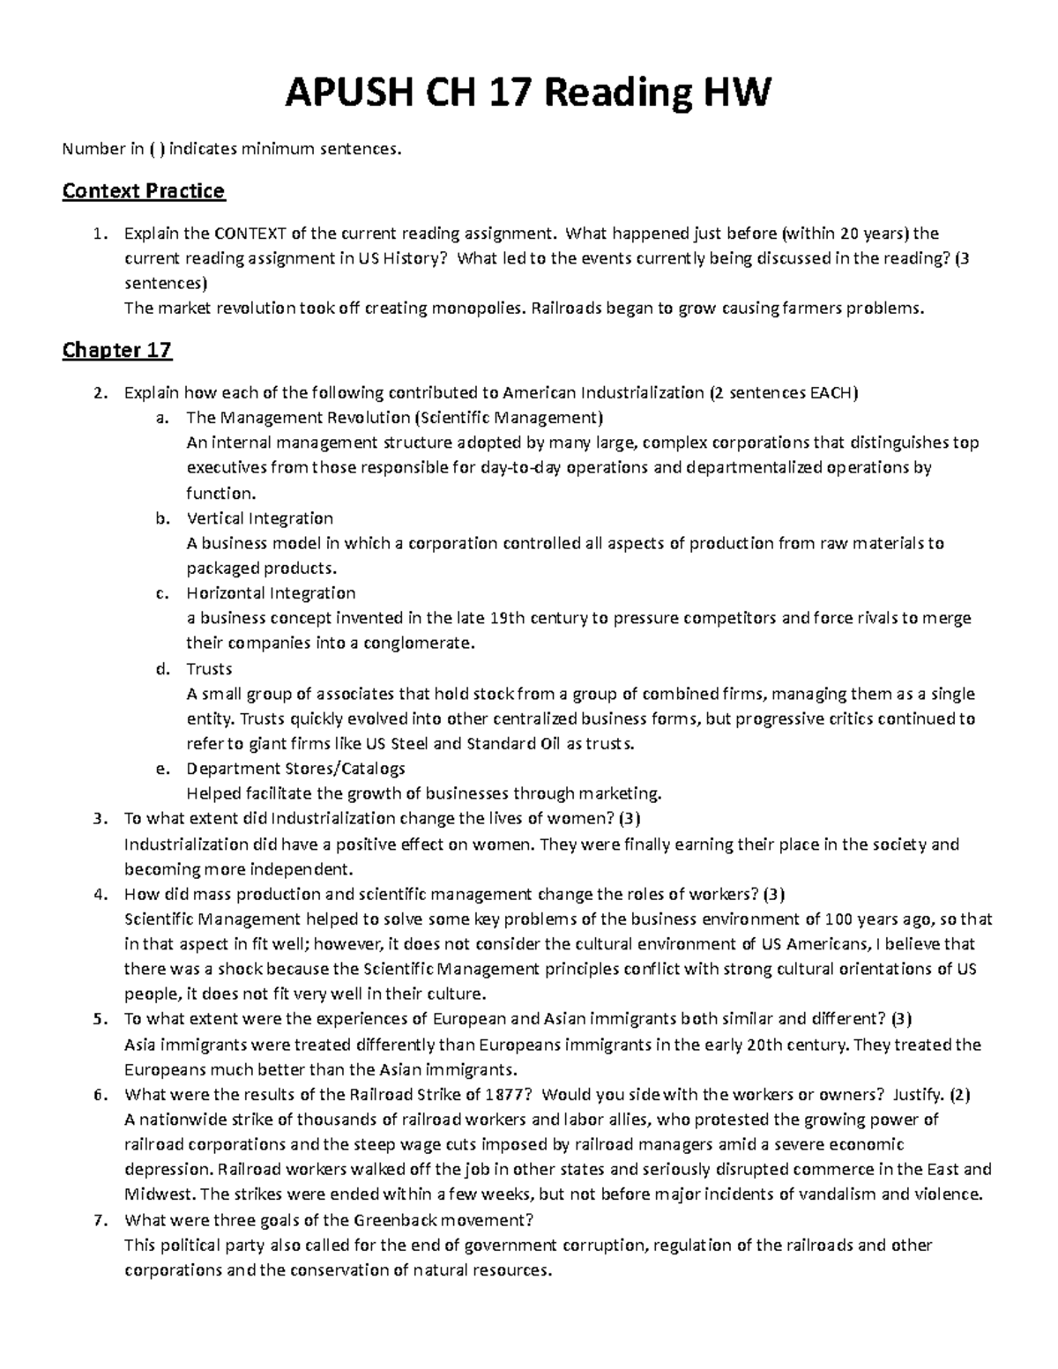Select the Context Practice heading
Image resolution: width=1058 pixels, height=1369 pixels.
143,190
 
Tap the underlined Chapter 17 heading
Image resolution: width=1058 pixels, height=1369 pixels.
116,351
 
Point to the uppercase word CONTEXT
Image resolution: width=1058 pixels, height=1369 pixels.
250,234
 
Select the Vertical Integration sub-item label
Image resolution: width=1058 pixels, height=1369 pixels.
259,518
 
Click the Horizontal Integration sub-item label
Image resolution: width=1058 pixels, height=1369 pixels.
271,593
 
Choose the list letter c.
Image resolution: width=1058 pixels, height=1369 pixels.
160,593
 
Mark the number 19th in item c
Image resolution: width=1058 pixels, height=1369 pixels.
508,618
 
